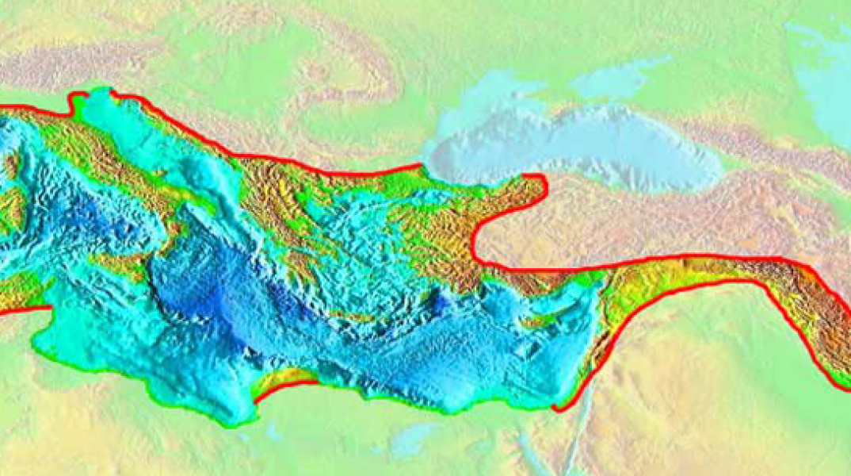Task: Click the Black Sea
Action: [578, 147]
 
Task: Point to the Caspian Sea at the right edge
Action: [824, 79]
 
